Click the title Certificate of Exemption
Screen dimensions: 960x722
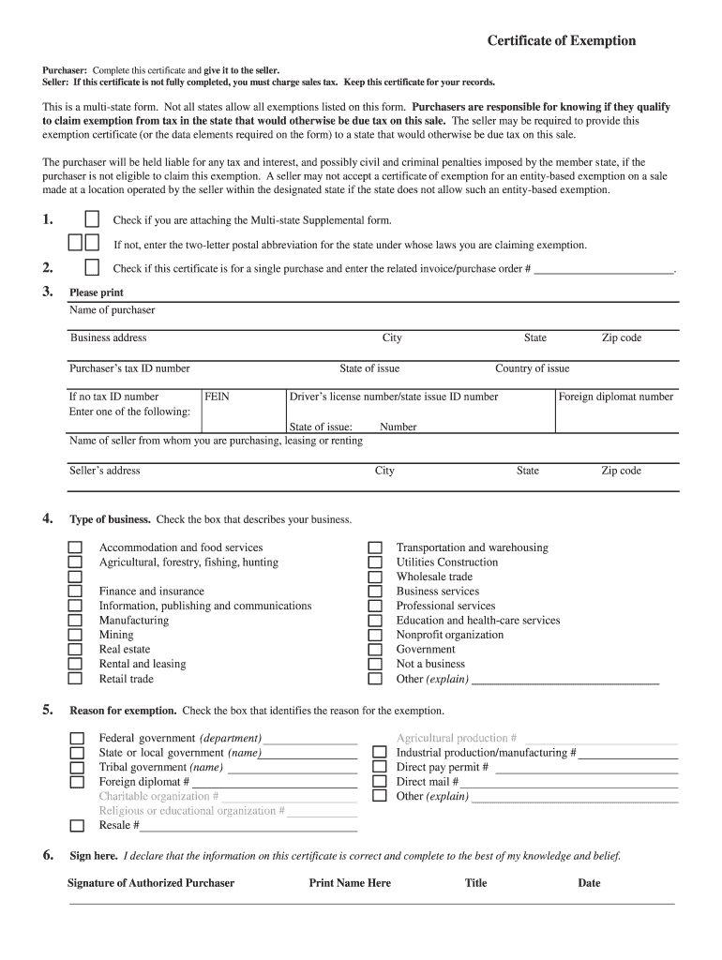tap(561, 41)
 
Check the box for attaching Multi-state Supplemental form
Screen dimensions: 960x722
tap(92, 219)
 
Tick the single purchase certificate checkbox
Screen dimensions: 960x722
tap(92, 268)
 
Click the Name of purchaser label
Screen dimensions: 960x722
tap(113, 310)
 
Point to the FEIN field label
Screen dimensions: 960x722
tap(217, 397)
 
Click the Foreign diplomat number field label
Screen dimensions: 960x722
tap(615, 397)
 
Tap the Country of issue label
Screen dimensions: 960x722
tap(532, 368)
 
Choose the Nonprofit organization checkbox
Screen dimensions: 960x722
tap(375, 636)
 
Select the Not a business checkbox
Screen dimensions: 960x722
tap(375, 665)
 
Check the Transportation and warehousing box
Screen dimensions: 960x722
tap(375, 547)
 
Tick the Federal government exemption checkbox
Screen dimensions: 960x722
tap(77, 739)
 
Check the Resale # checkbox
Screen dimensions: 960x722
tap(77, 826)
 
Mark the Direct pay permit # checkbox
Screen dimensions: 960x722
tap(379, 767)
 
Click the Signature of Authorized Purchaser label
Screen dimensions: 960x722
tap(151, 883)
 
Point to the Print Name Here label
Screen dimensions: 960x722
tap(350, 883)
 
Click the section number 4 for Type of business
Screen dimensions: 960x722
tap(48, 518)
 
